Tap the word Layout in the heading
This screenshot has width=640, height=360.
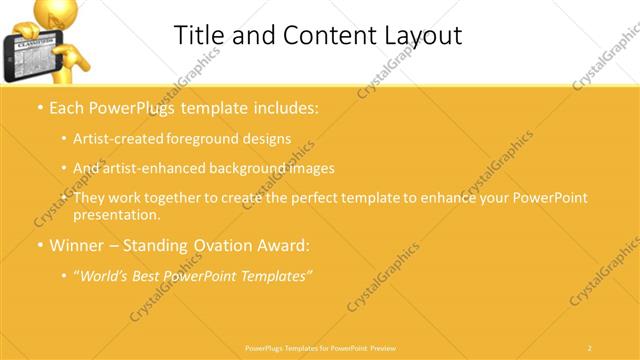coord(419,36)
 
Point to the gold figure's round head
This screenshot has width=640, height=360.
coord(52,13)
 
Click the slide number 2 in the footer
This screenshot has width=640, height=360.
coord(590,347)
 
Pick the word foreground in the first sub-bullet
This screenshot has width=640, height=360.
coord(204,139)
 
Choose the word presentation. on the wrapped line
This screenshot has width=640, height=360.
coord(116,214)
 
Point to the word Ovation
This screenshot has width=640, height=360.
coord(231,244)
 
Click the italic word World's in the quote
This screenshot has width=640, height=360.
coord(107,274)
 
